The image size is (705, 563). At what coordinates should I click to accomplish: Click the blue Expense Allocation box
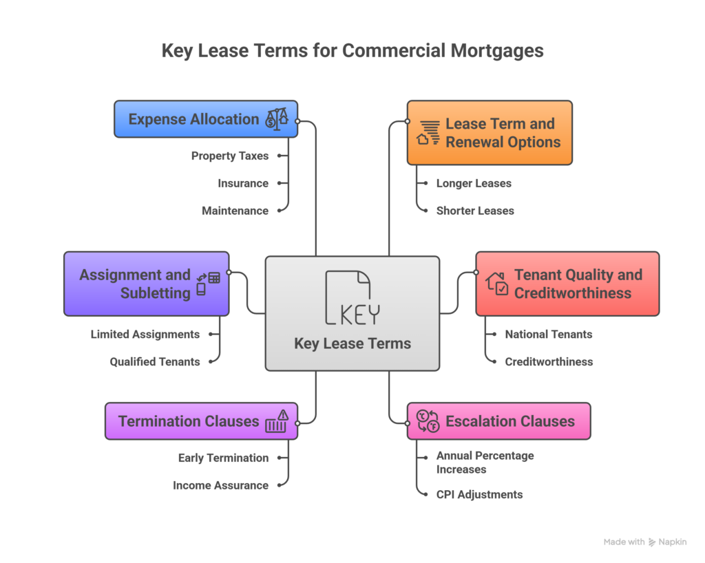tap(205, 119)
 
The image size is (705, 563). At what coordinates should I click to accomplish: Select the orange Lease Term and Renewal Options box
tap(489, 133)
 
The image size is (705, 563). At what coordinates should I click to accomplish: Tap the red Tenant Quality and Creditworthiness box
tap(567, 284)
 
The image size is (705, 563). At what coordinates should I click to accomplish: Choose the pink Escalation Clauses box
tap(498, 421)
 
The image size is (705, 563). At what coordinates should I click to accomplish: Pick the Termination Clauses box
tap(201, 421)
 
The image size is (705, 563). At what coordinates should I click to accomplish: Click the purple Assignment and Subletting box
tap(146, 284)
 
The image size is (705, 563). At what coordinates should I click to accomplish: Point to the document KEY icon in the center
tap(352, 298)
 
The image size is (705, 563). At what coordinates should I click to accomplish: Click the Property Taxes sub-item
tap(230, 156)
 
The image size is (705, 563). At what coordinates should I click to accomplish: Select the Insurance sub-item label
tap(243, 184)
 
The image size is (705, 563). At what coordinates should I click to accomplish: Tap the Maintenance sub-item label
tap(235, 211)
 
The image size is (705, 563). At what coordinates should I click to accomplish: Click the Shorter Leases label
tap(475, 211)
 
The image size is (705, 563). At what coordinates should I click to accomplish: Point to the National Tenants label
tap(549, 334)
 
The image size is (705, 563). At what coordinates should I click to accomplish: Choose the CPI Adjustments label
tap(479, 494)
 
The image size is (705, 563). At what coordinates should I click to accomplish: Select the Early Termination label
tap(223, 458)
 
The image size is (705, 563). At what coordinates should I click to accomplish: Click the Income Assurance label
tap(220, 485)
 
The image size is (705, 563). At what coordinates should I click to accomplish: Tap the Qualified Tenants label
tap(155, 361)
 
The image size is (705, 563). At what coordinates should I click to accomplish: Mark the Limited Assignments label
tap(145, 334)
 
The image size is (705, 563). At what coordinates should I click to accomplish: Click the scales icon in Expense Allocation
tap(277, 118)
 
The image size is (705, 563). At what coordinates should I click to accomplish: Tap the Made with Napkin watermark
tap(644, 542)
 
